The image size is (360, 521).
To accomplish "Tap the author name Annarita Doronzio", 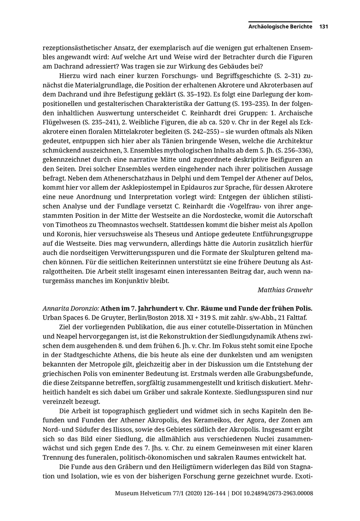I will (70, 308).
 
